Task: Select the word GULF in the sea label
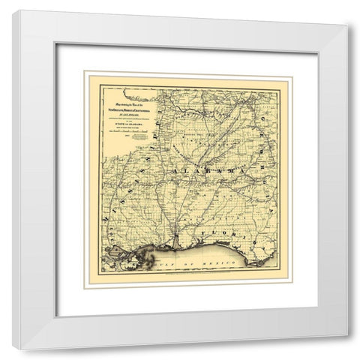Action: point(167,263)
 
